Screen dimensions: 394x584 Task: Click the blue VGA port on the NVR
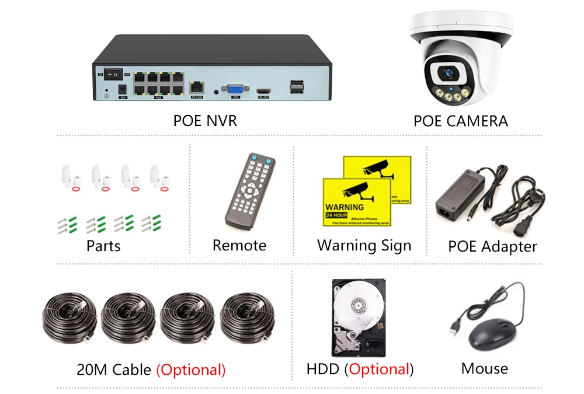(235, 89)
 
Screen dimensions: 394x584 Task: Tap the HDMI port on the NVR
(264, 91)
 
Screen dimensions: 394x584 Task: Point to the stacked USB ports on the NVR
(296, 87)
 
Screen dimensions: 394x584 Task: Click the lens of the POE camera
(449, 74)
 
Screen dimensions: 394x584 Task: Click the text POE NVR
(205, 121)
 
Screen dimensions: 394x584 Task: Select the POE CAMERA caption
(460, 121)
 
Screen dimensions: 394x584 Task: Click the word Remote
(239, 245)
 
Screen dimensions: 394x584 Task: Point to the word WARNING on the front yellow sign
(344, 207)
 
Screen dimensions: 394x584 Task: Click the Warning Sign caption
(364, 245)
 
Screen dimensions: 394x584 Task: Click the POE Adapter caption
(492, 246)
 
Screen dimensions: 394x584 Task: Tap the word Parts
(104, 246)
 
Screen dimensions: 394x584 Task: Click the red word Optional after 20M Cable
(191, 369)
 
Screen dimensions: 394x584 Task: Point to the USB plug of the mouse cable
(454, 330)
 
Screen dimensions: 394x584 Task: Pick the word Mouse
(484, 368)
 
